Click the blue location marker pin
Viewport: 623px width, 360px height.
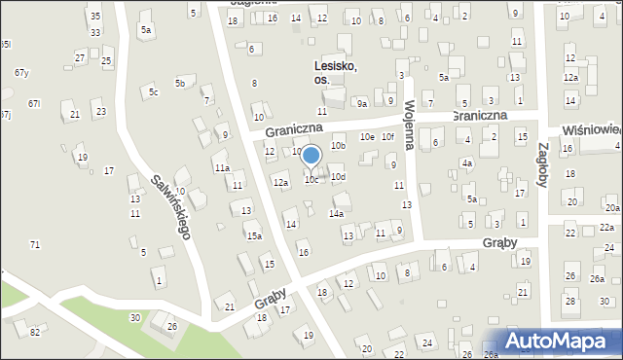[311, 156]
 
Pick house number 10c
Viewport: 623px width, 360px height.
[311, 180]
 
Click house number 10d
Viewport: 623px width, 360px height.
[338, 177]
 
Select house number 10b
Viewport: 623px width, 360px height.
[338, 146]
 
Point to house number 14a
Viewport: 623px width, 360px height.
[336, 213]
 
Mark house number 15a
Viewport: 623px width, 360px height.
[254, 235]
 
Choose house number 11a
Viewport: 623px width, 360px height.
[222, 167]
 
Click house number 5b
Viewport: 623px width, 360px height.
[180, 84]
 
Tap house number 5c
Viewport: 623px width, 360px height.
[153, 92]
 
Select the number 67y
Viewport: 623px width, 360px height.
[21, 73]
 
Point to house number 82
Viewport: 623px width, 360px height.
[35, 333]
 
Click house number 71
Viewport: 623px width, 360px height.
[35, 244]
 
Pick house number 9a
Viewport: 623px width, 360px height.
[361, 103]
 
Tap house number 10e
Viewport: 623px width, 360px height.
[366, 137]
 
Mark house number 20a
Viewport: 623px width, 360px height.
[611, 208]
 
